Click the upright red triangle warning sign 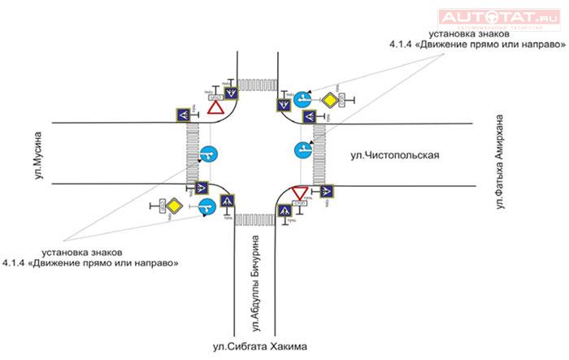215,107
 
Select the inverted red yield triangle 299,193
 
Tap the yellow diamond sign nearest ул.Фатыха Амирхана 329,101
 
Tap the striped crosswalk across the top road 255,84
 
